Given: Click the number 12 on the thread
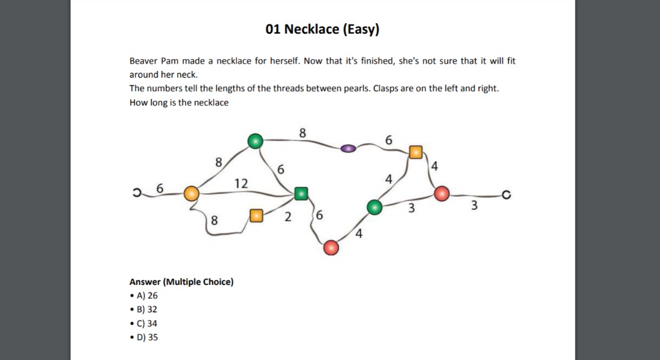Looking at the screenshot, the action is click(x=241, y=183).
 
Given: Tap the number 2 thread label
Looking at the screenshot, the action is click(x=287, y=216).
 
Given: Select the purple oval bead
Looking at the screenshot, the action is click(x=348, y=148).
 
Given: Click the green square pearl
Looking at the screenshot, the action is click(x=301, y=194).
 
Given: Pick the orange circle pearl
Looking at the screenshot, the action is click(x=192, y=193).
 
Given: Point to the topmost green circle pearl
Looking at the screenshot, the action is click(x=255, y=142).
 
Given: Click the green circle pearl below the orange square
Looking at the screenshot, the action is click(x=375, y=208).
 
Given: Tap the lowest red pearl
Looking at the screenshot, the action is click(x=331, y=247).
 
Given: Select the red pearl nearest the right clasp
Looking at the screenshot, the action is click(x=442, y=194).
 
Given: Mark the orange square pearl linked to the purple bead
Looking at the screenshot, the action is click(x=416, y=152).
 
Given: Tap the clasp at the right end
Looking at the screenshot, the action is click(x=505, y=196).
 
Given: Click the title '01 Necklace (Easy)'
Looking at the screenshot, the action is click(x=323, y=29).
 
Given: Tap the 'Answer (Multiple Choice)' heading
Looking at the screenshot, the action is click(x=182, y=282).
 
